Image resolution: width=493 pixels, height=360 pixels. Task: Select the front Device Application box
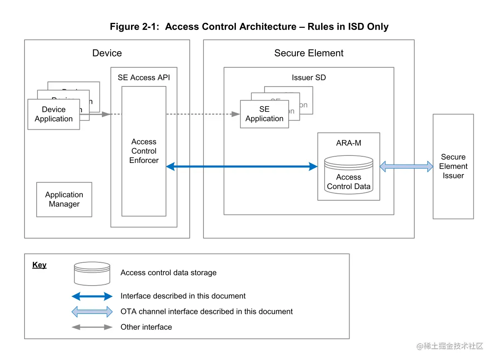click(x=54, y=114)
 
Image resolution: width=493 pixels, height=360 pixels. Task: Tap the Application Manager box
click(x=64, y=200)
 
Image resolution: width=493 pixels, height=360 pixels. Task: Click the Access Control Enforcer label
click(x=144, y=151)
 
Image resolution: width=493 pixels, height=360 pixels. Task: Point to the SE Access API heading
click(x=144, y=78)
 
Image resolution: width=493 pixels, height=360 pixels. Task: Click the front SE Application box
click(x=264, y=114)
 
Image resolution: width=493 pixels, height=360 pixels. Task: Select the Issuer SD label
click(x=309, y=78)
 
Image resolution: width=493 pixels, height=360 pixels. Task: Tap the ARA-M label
click(x=349, y=143)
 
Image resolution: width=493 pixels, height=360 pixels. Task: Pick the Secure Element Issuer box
click(x=453, y=166)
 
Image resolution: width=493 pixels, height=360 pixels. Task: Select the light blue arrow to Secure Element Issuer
click(x=406, y=166)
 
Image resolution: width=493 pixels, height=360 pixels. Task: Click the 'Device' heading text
click(x=107, y=53)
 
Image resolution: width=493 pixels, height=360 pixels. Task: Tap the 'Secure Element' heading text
click(x=309, y=53)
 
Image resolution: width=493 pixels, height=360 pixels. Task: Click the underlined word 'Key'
click(x=40, y=265)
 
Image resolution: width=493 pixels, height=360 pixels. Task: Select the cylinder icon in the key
click(x=92, y=273)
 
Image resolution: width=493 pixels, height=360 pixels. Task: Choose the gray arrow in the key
click(x=92, y=327)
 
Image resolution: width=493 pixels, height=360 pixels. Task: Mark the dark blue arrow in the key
click(x=92, y=296)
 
